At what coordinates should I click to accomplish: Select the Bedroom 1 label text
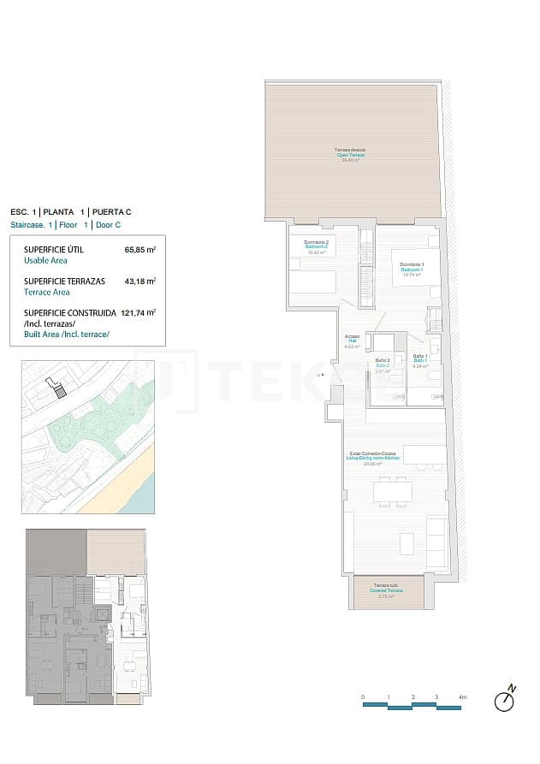(411, 269)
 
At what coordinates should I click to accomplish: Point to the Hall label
(352, 341)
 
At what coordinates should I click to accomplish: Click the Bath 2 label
(383, 365)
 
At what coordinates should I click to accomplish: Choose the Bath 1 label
(420, 360)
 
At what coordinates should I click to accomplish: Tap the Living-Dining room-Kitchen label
(372, 458)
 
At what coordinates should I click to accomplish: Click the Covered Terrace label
(387, 590)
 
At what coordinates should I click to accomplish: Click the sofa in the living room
(436, 537)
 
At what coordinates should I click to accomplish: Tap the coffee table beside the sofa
(406, 542)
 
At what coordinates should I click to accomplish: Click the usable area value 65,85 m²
(139, 251)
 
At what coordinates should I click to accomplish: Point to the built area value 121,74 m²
(139, 312)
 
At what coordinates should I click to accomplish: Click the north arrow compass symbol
(506, 700)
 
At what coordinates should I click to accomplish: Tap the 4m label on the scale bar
(462, 697)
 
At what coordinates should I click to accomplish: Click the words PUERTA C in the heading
(111, 211)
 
